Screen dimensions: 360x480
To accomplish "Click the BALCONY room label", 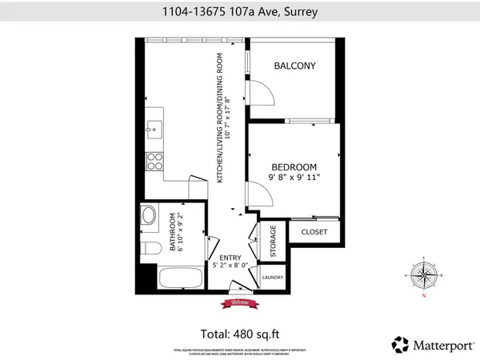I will click(292, 66).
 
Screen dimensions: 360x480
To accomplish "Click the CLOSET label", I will click(315, 232).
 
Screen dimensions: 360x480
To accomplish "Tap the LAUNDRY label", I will click(273, 278).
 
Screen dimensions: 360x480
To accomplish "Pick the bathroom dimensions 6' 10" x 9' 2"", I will click(181, 231).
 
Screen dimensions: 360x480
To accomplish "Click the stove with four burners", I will click(154, 160).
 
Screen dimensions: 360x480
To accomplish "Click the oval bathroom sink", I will click(148, 216).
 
